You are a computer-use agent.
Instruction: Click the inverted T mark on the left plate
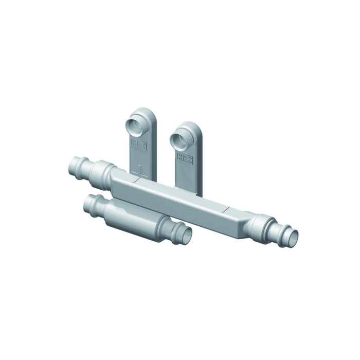(140, 169)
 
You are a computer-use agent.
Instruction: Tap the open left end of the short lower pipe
(91, 206)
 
